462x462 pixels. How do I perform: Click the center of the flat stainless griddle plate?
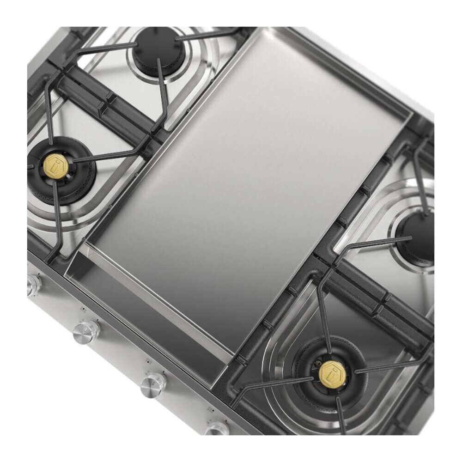[x=245, y=185]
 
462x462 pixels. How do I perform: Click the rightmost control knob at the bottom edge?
[x=217, y=429]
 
